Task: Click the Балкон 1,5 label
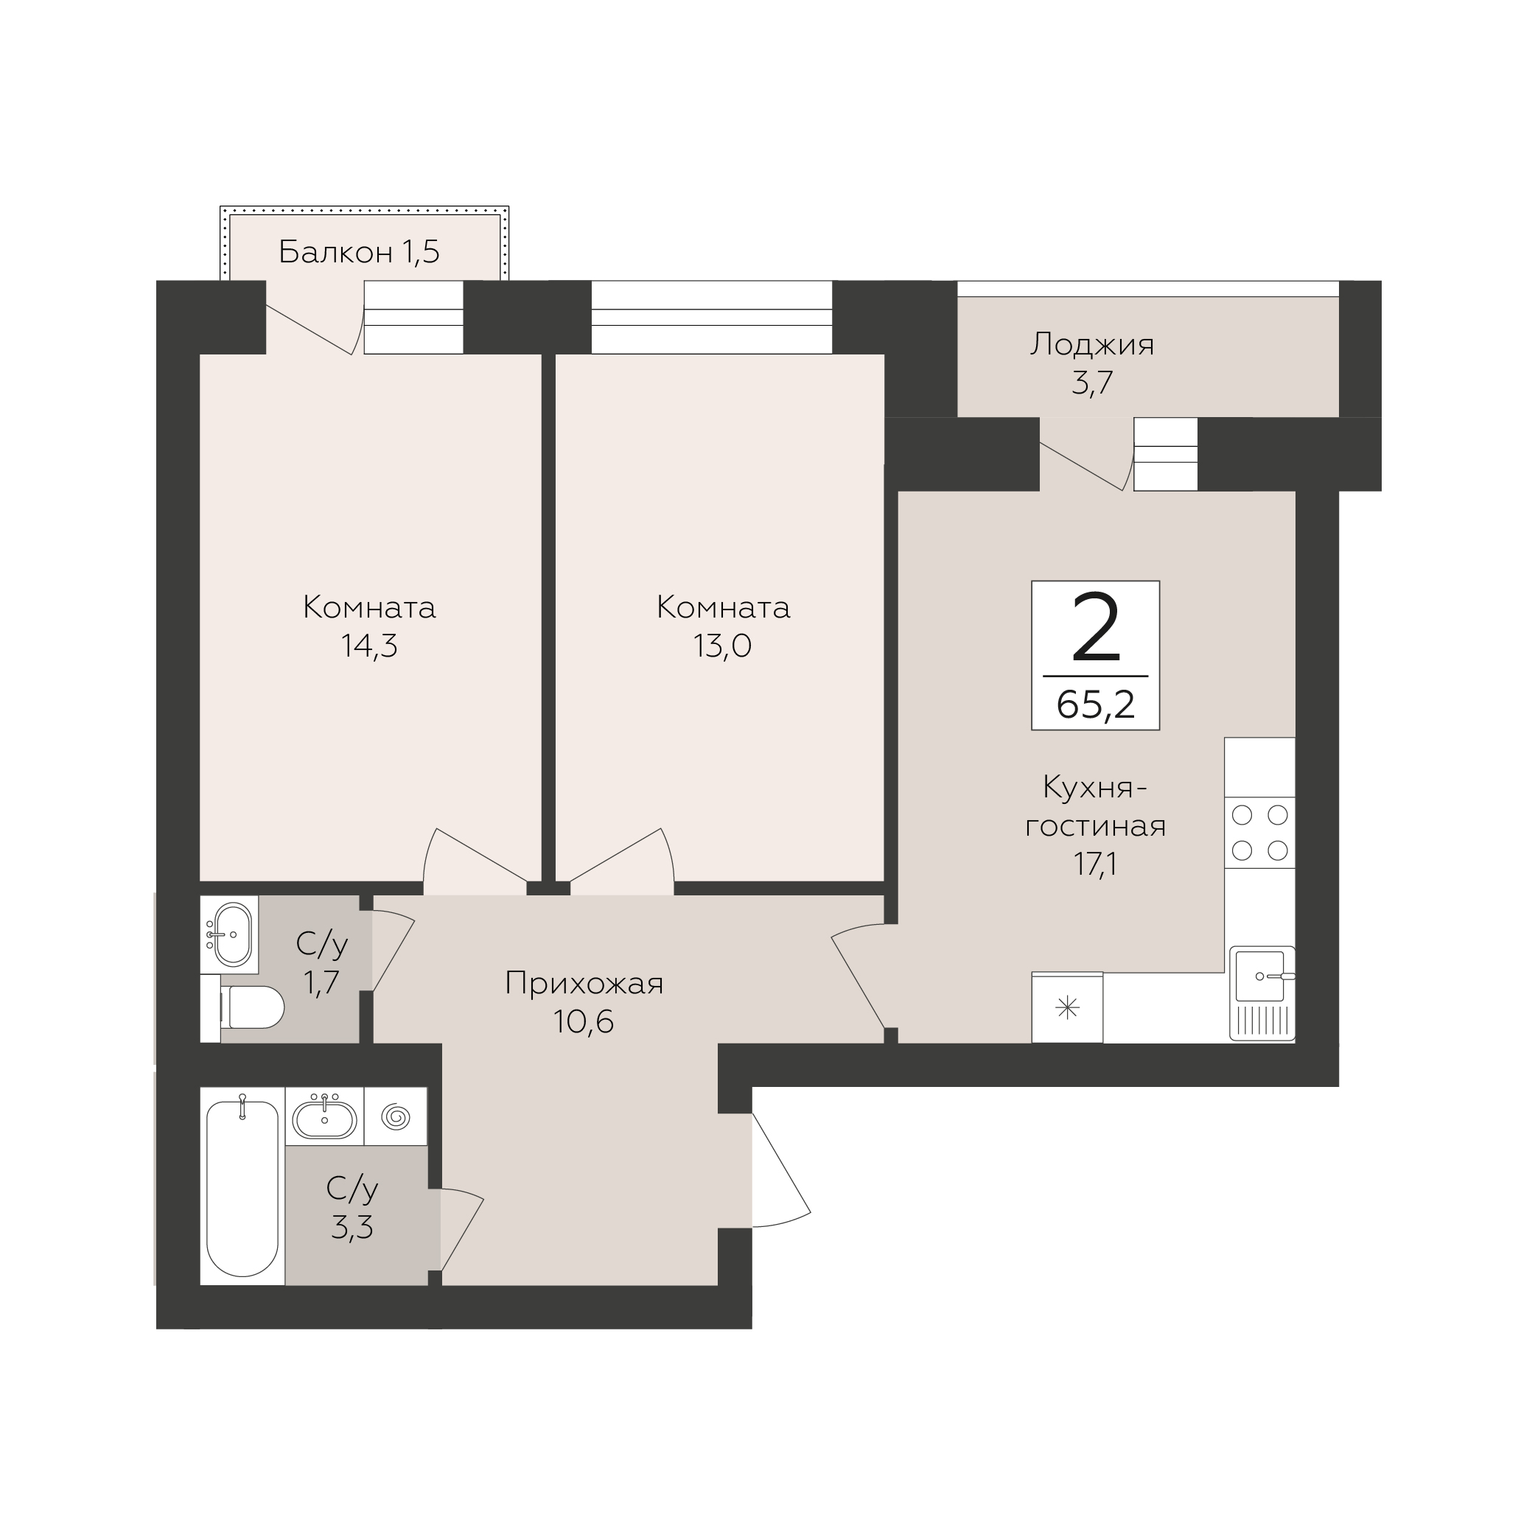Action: coord(359,252)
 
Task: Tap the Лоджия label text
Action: coord(1092,346)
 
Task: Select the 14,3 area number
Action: coord(369,646)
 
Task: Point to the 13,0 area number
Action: coord(723,646)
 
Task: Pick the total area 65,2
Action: coord(1096,704)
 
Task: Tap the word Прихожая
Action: coord(584,984)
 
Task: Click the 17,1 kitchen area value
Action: coord(1096,864)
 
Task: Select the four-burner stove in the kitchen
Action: coord(1259,833)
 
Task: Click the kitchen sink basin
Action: coord(1260,976)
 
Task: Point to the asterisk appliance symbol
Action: coord(1067,1008)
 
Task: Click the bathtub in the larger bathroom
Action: coord(242,1186)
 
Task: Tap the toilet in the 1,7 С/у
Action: coord(251,1007)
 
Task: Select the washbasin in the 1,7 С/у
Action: coord(230,934)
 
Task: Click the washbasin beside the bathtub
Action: coord(324,1119)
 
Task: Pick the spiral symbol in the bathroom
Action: coord(396,1117)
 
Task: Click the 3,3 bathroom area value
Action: coord(352,1228)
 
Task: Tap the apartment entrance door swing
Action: coord(782,1171)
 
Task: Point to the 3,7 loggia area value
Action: coord(1092,383)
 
